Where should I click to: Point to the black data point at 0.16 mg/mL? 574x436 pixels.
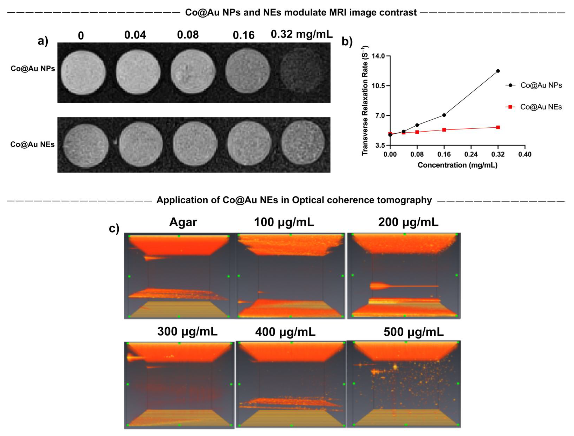[x=444, y=115]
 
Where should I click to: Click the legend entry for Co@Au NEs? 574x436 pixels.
[x=541, y=107]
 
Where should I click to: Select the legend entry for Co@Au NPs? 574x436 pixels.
[x=541, y=85]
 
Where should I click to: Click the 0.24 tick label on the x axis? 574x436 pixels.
[x=471, y=154]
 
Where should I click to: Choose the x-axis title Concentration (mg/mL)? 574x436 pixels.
[x=457, y=165]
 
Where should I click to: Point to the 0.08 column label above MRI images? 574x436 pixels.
[x=188, y=35]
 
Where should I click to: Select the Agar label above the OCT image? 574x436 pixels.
[x=183, y=222]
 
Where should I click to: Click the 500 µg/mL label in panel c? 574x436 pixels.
[x=413, y=332]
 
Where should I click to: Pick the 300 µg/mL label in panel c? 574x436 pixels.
[x=187, y=331]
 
